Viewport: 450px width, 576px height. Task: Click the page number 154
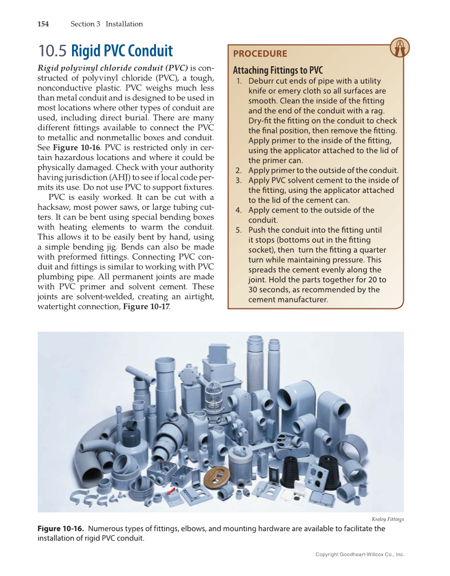(x=43, y=24)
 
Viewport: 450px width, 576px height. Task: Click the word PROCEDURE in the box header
(x=260, y=54)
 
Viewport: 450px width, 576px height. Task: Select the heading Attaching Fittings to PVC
(x=278, y=70)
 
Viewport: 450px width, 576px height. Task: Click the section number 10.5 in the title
(x=52, y=51)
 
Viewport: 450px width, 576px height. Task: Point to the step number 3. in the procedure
(x=239, y=180)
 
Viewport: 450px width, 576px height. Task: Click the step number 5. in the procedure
(x=239, y=230)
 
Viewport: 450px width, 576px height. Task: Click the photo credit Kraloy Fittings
(x=387, y=519)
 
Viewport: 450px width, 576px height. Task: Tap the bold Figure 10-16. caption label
(x=60, y=529)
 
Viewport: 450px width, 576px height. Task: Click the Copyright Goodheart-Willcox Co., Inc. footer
(x=359, y=554)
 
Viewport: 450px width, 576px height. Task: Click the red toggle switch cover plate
(x=171, y=494)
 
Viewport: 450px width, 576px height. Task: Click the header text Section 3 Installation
(x=107, y=24)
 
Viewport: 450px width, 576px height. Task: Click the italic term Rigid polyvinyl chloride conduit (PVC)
(x=112, y=68)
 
